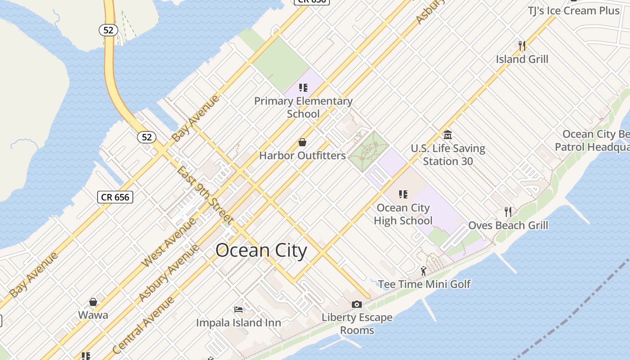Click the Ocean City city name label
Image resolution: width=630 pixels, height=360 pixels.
[x=261, y=250]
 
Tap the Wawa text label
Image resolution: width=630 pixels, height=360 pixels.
[x=93, y=315]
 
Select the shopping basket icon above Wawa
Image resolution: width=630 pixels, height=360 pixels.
[x=93, y=301]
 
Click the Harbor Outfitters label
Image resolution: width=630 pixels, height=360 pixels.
[x=302, y=156]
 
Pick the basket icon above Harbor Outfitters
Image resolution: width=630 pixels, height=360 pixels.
[x=302, y=142]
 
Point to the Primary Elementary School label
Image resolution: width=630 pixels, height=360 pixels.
[x=303, y=107]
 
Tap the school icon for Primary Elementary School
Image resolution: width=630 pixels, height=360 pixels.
[x=303, y=87]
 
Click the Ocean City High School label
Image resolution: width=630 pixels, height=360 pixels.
[x=403, y=214]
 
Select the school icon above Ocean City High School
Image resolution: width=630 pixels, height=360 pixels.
[x=403, y=194]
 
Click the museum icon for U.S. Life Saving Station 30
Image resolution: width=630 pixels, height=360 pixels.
[x=448, y=135]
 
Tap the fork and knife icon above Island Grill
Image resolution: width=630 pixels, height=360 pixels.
[x=522, y=45]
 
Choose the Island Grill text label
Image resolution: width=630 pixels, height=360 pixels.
[x=522, y=59]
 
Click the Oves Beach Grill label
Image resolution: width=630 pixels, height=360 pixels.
[x=508, y=225]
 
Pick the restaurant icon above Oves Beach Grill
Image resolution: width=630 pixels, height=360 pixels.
[x=508, y=211]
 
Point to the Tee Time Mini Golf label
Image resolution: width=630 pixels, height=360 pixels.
[x=424, y=284]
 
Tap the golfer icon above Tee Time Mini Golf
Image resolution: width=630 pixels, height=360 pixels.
[x=423, y=271]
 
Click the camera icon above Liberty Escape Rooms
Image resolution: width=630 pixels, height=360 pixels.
[x=357, y=305]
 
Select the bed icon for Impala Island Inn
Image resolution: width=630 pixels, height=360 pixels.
[x=238, y=309]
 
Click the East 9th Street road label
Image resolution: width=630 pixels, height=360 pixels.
[x=205, y=195]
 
